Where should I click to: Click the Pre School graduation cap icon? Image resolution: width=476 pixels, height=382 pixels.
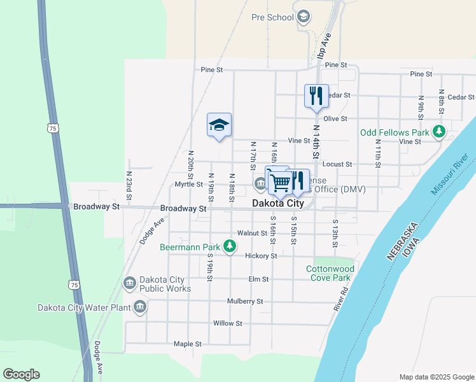(x=304, y=17)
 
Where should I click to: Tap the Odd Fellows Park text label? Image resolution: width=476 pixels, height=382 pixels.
(x=395, y=132)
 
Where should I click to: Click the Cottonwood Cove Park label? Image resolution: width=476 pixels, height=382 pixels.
(x=328, y=273)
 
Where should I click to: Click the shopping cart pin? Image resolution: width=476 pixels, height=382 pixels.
(x=280, y=183)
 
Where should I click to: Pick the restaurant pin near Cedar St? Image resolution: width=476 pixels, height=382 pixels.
(x=316, y=96)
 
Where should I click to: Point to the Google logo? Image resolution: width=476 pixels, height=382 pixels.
(x=22, y=374)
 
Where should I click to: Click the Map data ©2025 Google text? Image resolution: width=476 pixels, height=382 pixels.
(x=436, y=377)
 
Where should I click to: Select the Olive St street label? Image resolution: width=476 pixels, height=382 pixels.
(x=335, y=118)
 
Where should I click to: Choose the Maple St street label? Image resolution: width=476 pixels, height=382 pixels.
(x=187, y=344)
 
